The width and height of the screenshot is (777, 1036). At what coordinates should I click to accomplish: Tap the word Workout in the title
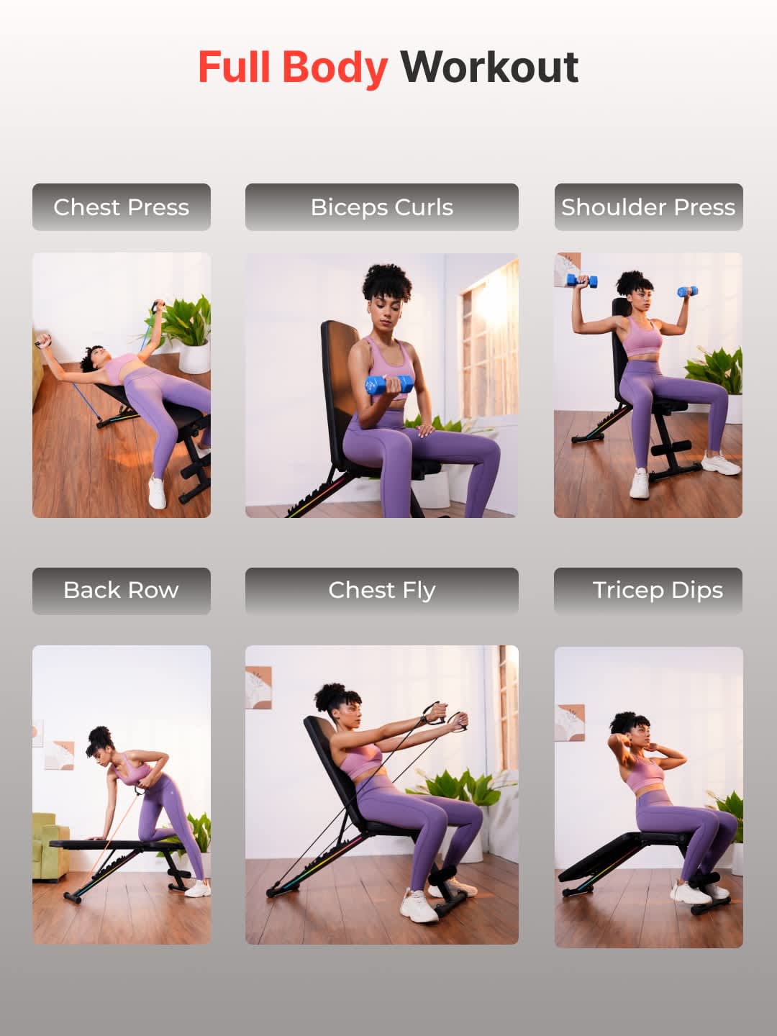tap(490, 68)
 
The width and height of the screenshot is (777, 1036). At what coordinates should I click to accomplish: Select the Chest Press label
tap(122, 207)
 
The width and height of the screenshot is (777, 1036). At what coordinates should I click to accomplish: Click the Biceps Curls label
tap(381, 207)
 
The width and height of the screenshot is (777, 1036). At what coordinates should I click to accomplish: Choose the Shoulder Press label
tap(649, 207)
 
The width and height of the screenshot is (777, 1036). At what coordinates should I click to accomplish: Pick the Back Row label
tap(122, 591)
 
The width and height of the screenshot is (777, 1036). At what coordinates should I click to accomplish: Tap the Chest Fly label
tap(381, 591)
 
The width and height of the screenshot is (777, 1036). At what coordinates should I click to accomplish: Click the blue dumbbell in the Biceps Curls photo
tap(389, 385)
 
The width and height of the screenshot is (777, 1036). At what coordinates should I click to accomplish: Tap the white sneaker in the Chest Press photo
tap(157, 492)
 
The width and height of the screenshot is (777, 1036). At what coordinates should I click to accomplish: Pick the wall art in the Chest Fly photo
tap(258, 688)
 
